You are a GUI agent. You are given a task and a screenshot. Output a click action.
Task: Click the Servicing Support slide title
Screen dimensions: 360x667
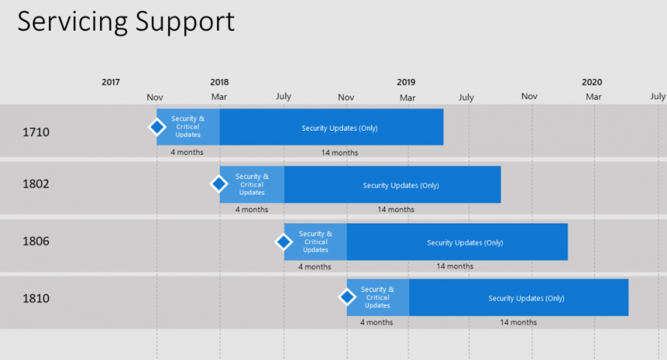(126, 22)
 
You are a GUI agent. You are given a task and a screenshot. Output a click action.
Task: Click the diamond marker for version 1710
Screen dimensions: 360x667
(157, 127)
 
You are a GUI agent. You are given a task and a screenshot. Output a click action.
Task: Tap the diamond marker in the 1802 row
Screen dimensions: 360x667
(220, 183)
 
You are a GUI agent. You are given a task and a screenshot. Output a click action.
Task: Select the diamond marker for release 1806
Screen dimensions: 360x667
(283, 241)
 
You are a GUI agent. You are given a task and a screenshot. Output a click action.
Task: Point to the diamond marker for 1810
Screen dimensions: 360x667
(348, 297)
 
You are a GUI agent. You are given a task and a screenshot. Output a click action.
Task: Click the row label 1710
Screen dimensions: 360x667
(36, 132)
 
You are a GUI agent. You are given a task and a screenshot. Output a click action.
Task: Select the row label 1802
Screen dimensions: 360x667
(36, 184)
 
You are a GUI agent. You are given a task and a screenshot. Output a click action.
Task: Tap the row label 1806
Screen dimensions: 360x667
(36, 241)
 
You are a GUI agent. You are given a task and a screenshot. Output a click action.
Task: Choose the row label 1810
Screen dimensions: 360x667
(36, 298)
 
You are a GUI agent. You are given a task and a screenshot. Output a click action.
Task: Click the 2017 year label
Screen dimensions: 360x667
(111, 83)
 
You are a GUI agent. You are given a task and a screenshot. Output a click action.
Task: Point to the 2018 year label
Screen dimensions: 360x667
(219, 83)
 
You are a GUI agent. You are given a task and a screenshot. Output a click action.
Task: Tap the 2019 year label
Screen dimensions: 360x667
(406, 83)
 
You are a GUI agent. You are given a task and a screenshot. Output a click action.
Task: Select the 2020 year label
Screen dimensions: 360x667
(592, 83)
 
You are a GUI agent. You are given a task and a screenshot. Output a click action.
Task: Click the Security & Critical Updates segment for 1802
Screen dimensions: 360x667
(252, 184)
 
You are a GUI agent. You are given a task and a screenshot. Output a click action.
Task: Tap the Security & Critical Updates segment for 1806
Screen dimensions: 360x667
(316, 242)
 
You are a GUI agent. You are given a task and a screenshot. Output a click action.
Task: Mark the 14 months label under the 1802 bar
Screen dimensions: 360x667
(396, 210)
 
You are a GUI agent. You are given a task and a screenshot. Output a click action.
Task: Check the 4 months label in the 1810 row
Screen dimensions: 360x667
(376, 323)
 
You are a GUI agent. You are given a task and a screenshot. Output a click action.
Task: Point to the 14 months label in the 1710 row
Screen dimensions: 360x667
(340, 153)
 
